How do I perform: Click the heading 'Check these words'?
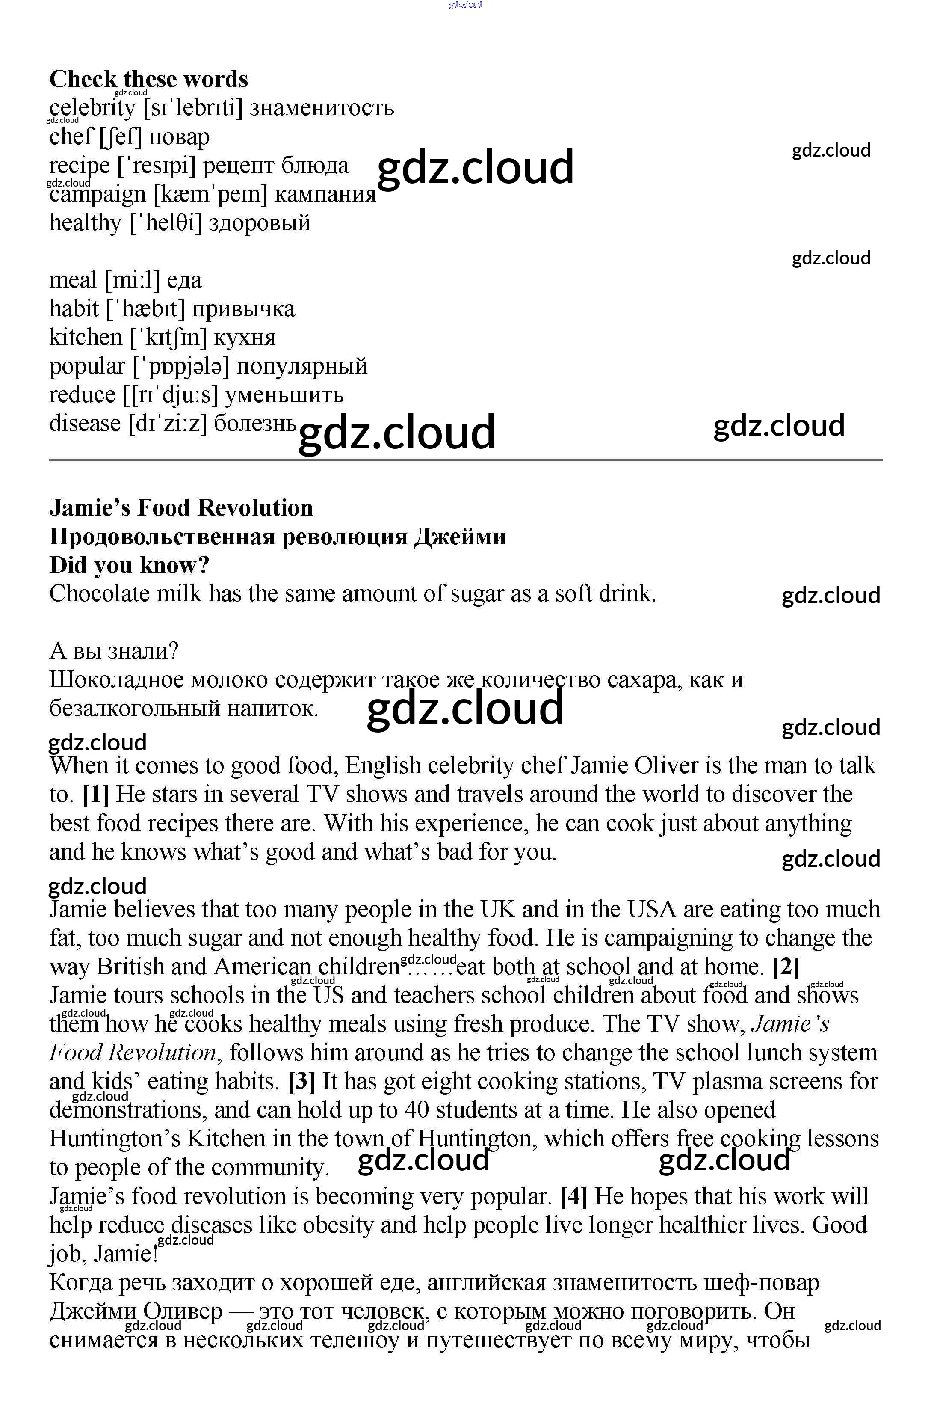point(148,79)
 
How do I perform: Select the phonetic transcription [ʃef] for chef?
point(121,136)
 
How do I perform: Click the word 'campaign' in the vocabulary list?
point(98,194)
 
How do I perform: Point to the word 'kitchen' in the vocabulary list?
point(86,338)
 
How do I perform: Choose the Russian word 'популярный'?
point(301,366)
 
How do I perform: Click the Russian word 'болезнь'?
point(255,424)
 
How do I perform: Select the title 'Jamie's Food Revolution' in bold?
point(181,508)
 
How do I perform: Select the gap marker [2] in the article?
point(786,967)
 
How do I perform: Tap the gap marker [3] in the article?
point(301,1082)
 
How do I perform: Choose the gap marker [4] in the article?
point(573,1196)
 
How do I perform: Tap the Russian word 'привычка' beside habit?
point(243,309)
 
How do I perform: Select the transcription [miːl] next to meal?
point(132,280)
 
